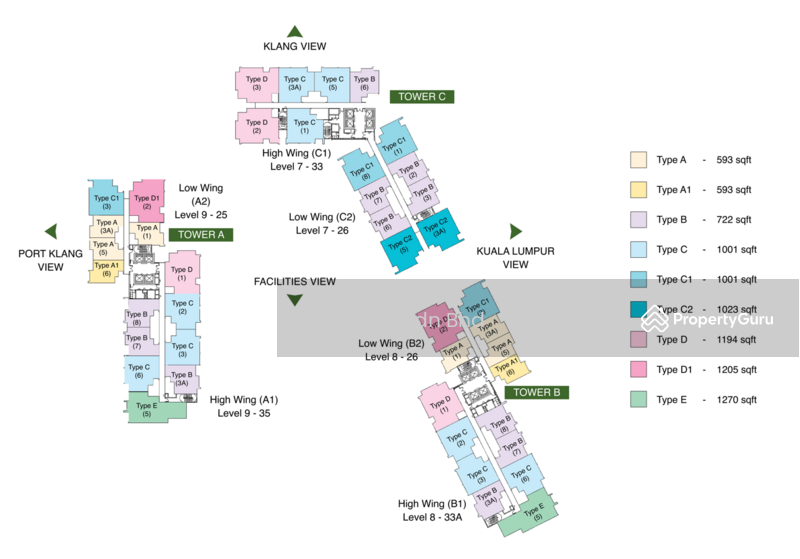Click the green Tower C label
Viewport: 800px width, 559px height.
422,97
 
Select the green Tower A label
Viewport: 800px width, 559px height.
201,234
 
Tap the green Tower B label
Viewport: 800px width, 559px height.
536,393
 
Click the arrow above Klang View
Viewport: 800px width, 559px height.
294,32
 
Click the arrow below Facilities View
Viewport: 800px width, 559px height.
294,300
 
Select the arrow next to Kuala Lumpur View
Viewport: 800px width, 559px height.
516,231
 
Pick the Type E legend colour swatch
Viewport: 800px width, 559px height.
637,400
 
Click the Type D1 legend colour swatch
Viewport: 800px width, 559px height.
637,370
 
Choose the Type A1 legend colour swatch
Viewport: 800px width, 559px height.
637,190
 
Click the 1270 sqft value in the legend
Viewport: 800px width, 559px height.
734,400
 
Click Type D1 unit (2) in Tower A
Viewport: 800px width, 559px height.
147,200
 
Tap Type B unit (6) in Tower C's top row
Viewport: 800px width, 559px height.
365,83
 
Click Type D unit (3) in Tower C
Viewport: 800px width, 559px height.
257,83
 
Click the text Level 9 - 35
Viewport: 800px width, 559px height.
244,413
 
